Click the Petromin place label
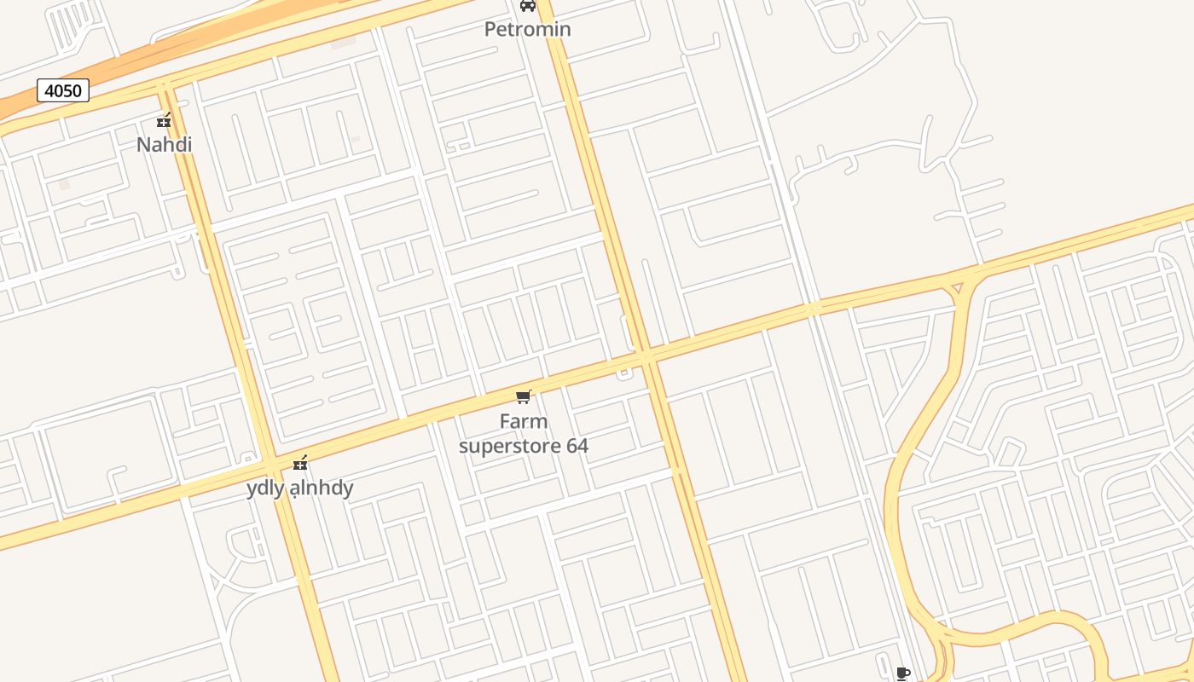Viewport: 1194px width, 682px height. (x=527, y=29)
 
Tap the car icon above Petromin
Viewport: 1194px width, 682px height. (x=528, y=5)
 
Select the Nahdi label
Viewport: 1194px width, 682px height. (x=164, y=144)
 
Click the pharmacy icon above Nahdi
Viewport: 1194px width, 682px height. (x=164, y=120)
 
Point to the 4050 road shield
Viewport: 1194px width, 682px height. (x=63, y=90)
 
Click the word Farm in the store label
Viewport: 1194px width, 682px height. (x=523, y=421)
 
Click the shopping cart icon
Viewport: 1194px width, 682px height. (x=524, y=396)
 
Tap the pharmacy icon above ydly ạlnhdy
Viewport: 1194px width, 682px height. (x=299, y=463)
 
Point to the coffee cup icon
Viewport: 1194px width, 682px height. (x=903, y=674)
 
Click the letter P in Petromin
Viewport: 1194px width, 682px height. (x=490, y=29)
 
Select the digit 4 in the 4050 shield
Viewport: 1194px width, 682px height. (x=49, y=90)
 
